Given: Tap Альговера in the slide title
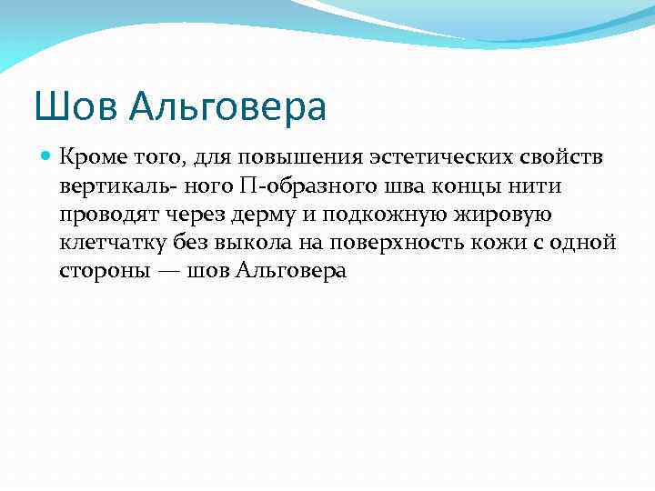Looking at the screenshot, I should (227, 108).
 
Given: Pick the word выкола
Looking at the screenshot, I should (266, 243).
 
